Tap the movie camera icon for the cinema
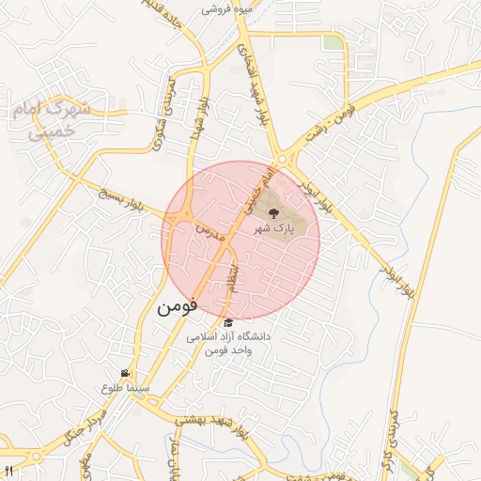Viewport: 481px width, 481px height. pyautogui.click(x=125, y=373)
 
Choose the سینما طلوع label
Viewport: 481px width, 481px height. pyautogui.click(x=125, y=386)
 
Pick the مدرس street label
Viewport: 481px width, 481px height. pyautogui.click(x=208, y=229)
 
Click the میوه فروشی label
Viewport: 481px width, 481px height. pyautogui.click(x=225, y=9)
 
